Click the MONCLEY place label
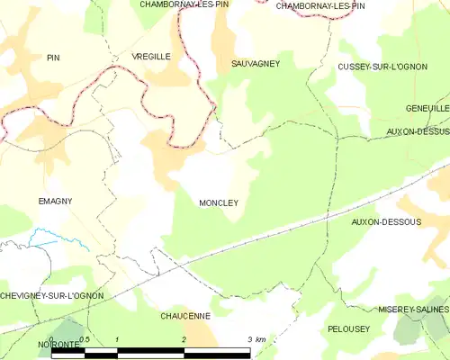(219, 203)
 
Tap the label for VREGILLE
(151, 56)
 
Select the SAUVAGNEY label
(256, 64)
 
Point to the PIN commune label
(52, 58)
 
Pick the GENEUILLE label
(427, 107)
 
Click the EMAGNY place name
(55, 201)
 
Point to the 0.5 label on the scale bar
(84, 339)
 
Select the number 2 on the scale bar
(184, 339)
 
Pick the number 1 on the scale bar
(118, 339)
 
